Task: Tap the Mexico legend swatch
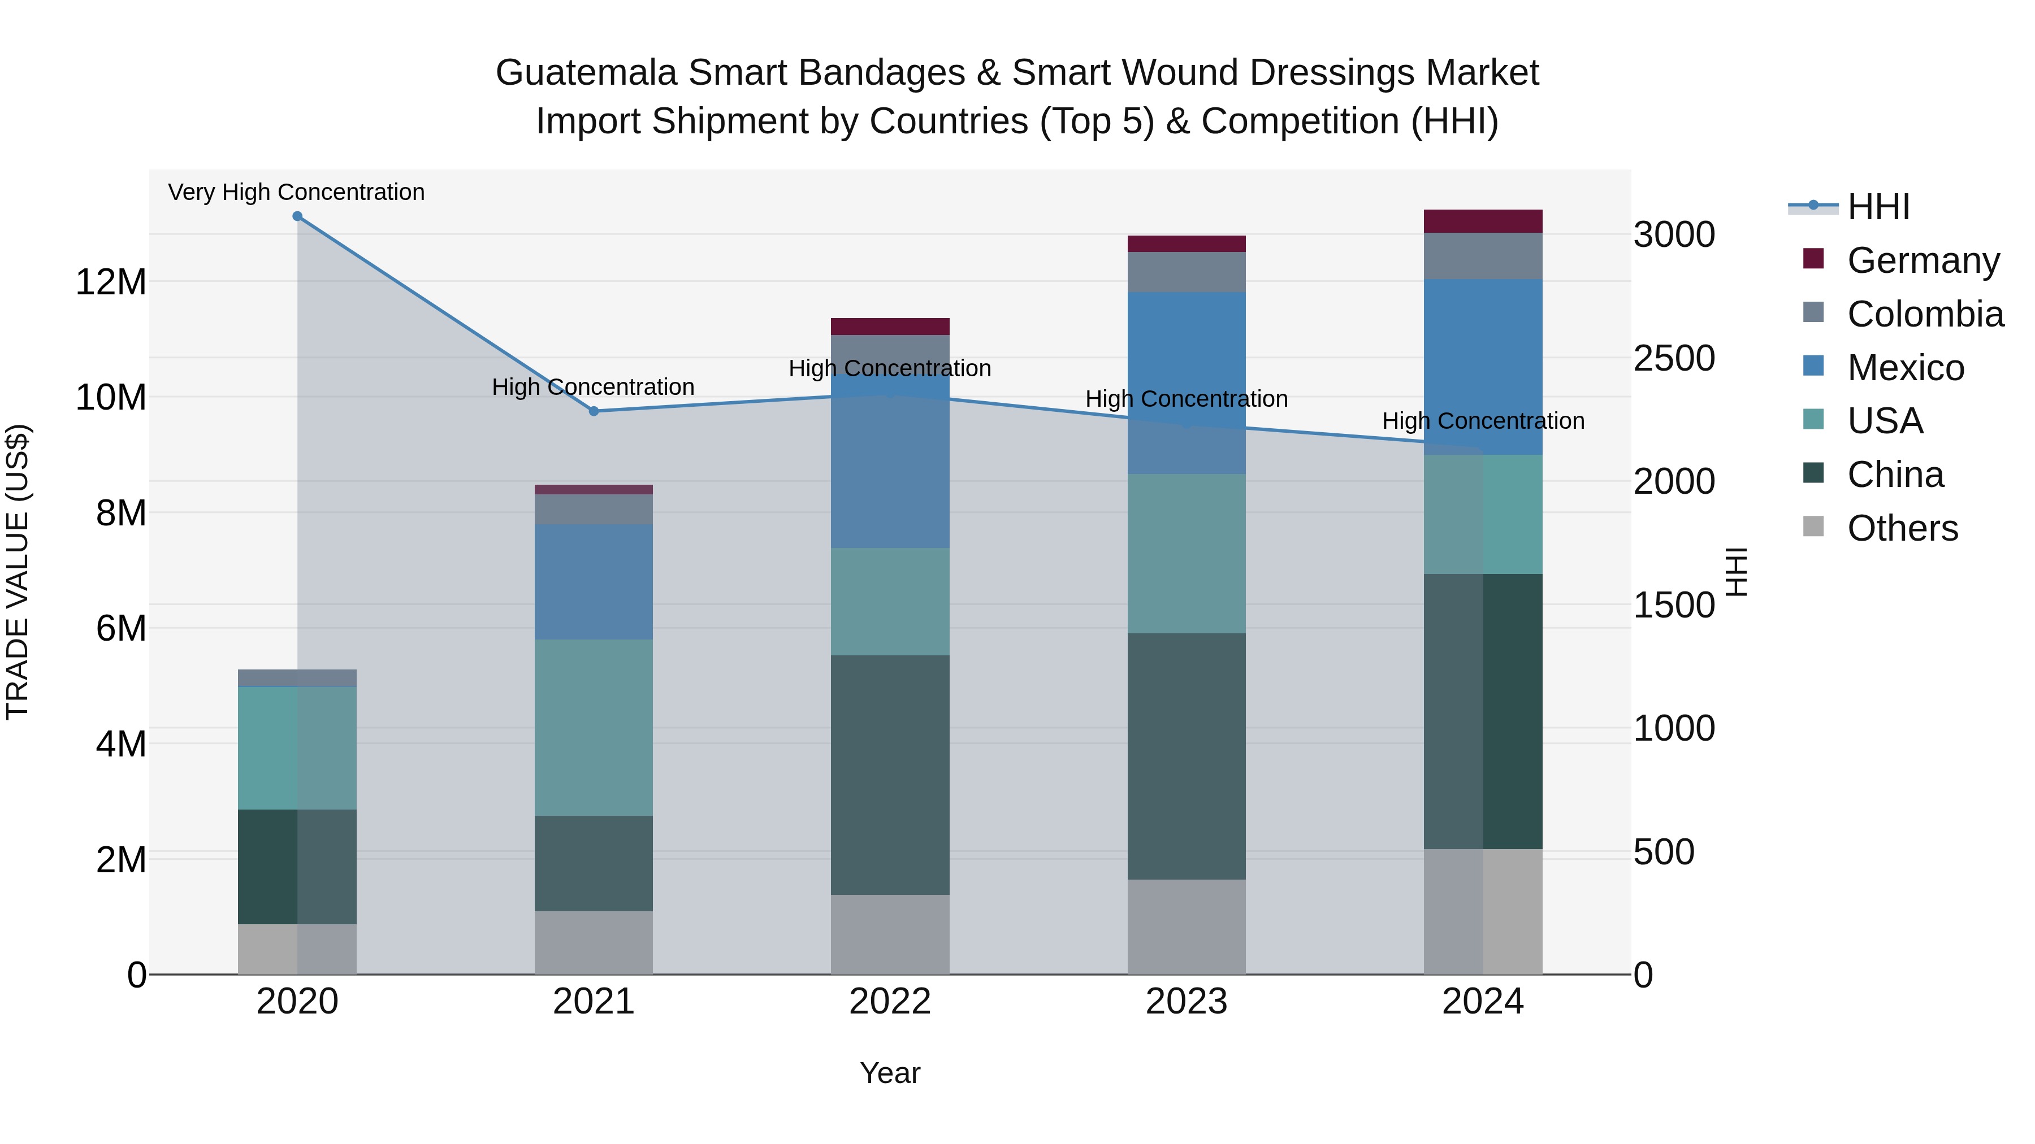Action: coord(1814,366)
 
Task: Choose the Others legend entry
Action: coord(1902,528)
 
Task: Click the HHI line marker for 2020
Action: coord(297,216)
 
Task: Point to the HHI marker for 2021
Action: coord(594,411)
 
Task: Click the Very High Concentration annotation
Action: coord(296,192)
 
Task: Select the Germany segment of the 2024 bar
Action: coord(1483,221)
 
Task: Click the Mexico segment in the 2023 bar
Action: coord(1187,383)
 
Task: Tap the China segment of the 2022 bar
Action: coord(890,775)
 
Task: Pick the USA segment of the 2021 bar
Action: coord(594,727)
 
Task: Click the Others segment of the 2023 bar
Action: coord(1187,927)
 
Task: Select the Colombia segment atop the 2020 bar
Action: coord(297,678)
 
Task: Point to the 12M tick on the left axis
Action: coord(111,282)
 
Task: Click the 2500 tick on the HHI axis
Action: coord(1673,358)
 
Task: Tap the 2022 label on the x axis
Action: coord(890,1002)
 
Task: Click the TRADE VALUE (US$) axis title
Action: coord(18,572)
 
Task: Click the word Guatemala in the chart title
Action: coord(586,73)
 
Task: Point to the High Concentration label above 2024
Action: coord(1483,421)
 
